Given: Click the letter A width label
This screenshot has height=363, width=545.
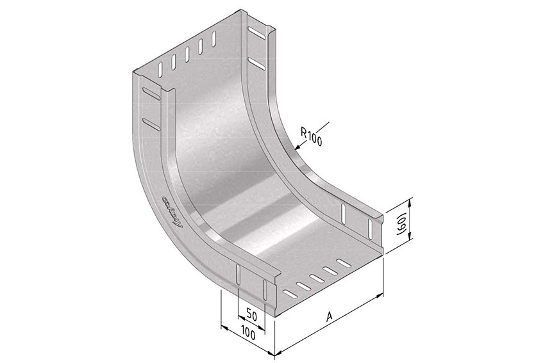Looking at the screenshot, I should pyautogui.click(x=330, y=316).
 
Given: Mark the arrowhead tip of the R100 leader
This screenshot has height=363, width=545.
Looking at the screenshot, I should pyautogui.click(x=295, y=150).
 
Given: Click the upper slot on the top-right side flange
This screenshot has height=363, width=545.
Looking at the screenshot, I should pyautogui.click(x=255, y=32).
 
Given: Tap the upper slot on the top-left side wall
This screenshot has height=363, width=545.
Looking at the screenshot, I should pyautogui.click(x=151, y=93).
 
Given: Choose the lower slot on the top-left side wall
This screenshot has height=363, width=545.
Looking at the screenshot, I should pyautogui.click(x=151, y=122).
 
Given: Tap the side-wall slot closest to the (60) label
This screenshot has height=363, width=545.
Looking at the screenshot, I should pyautogui.click(x=370, y=229).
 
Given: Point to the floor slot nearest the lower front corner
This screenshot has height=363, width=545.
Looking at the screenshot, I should pyautogui.click(x=289, y=294).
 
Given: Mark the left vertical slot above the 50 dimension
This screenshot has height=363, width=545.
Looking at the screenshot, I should pyautogui.click(x=239, y=276).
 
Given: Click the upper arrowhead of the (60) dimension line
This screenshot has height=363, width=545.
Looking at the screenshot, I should pyautogui.click(x=411, y=200).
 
